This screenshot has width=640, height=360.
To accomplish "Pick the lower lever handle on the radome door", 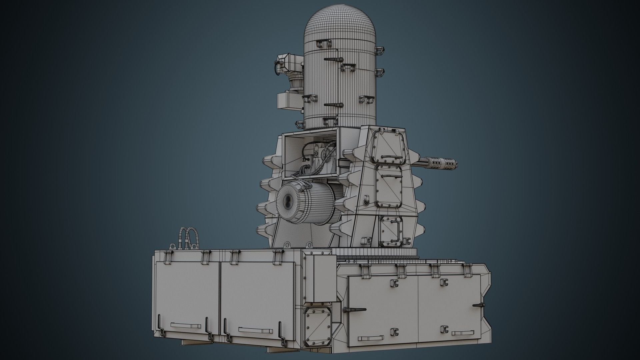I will tap(333, 105).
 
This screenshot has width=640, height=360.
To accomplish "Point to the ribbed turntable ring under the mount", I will tap(377, 252).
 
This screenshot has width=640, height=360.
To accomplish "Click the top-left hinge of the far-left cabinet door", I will tap(168, 256).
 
